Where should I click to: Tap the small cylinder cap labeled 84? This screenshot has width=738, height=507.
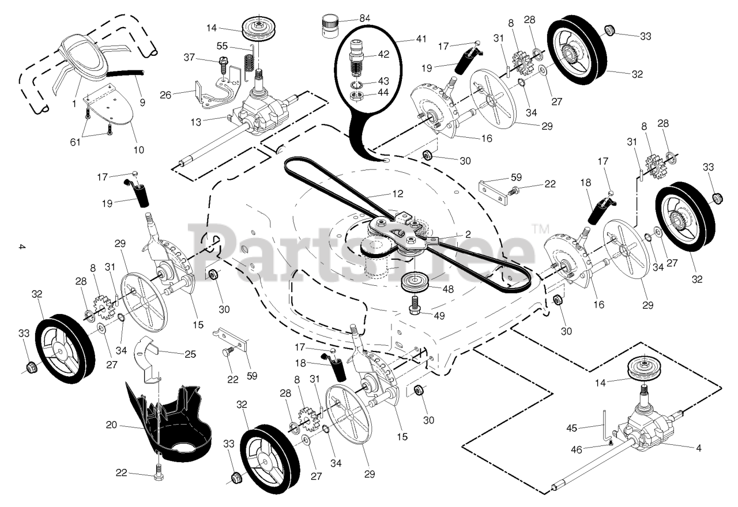coord(329,26)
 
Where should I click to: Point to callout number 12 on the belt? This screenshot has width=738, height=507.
coord(397,194)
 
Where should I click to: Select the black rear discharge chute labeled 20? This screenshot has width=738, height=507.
coord(167,423)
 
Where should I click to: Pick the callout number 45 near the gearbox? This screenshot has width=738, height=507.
coord(588,427)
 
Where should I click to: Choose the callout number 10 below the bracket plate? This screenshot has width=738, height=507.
coord(138,150)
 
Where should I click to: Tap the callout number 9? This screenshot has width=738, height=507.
coord(142,103)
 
